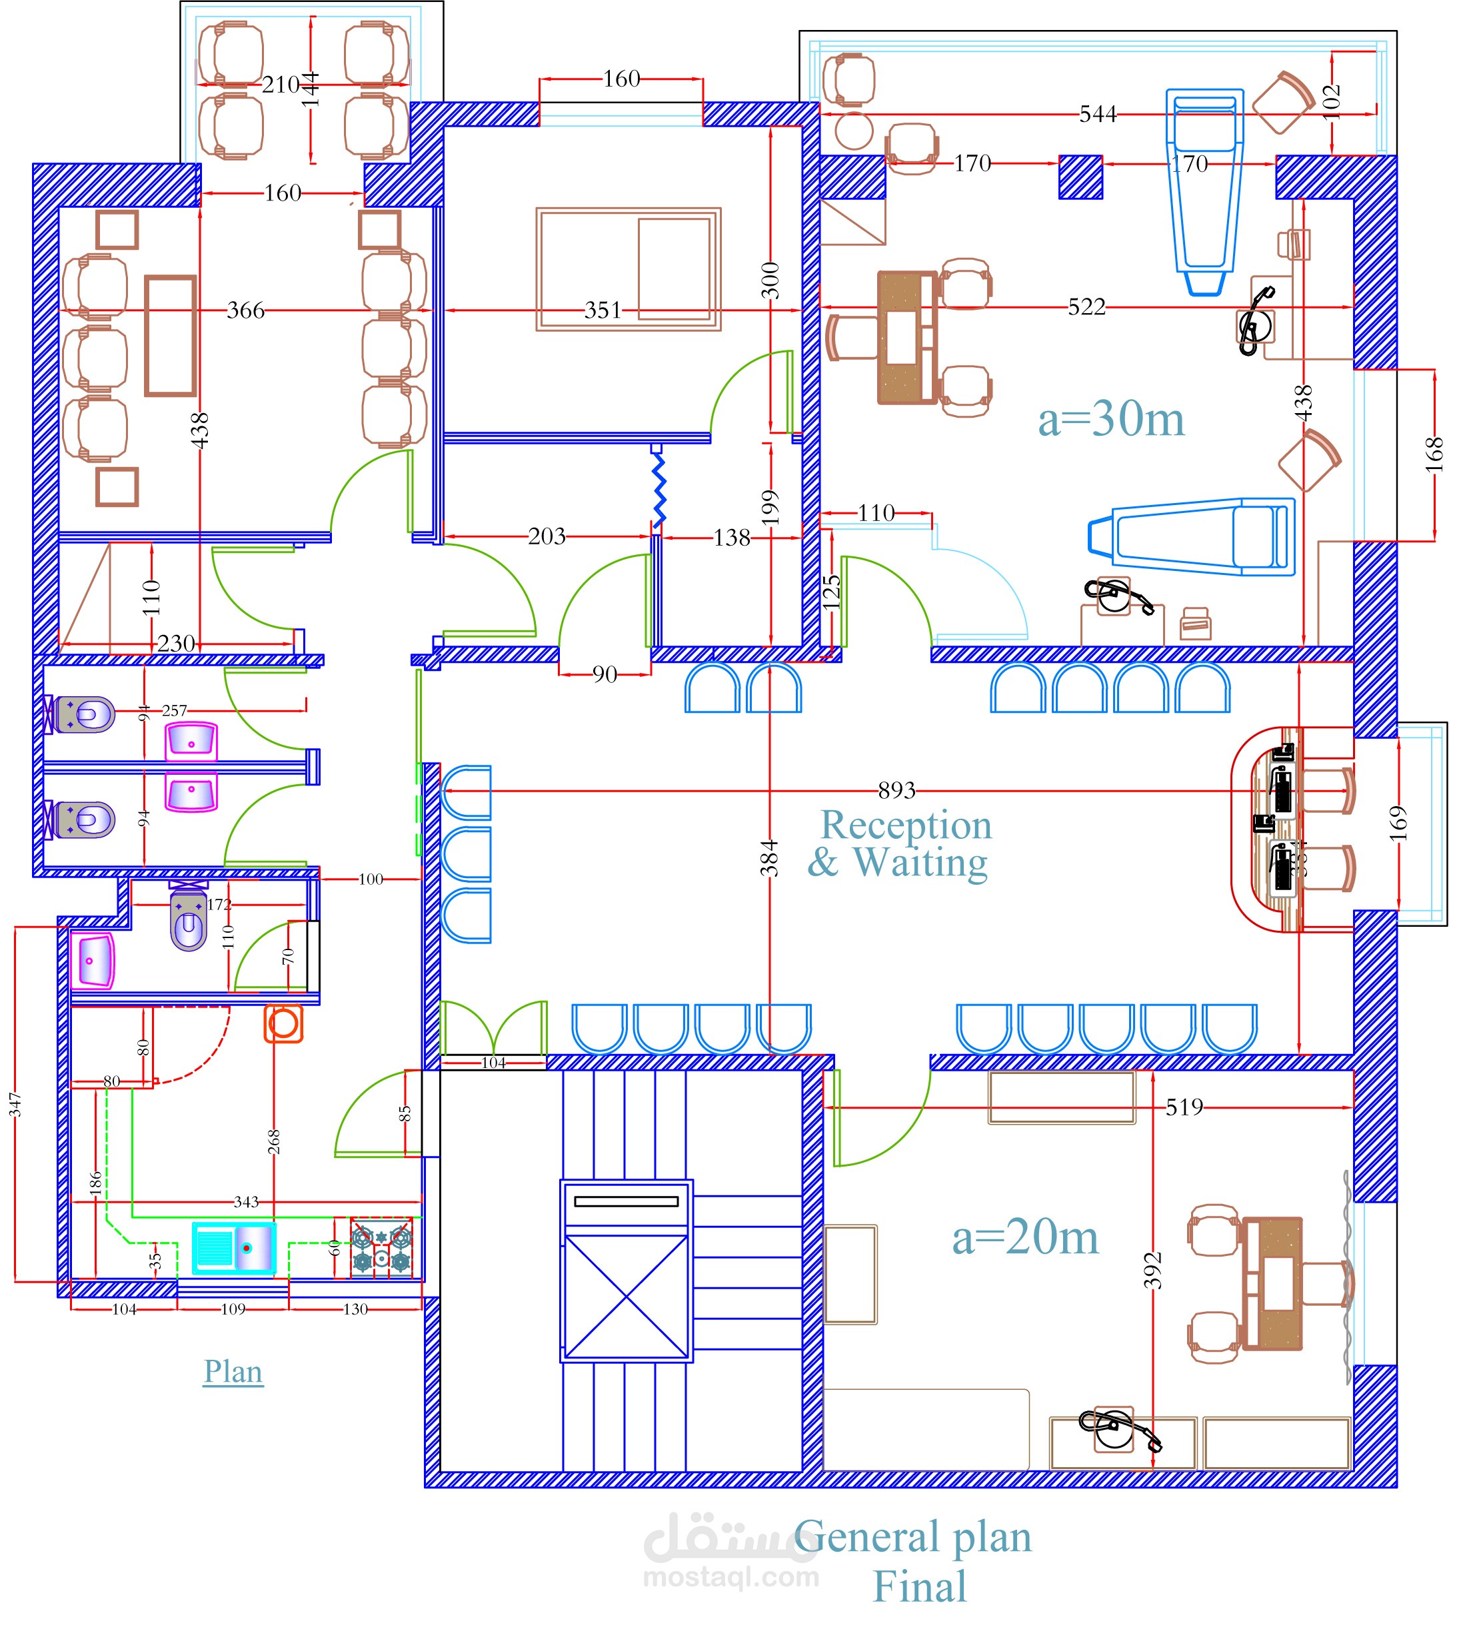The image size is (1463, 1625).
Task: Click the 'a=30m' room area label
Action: [1111, 420]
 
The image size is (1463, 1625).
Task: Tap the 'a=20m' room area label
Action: [1025, 1239]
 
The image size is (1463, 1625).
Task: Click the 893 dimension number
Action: [896, 791]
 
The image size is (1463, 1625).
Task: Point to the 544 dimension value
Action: [1097, 114]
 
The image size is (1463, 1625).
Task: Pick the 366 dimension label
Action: [245, 310]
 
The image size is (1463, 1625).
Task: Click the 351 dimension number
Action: [603, 310]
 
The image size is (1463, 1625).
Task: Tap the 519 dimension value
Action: [1184, 1107]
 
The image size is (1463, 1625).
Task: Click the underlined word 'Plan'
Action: [233, 1371]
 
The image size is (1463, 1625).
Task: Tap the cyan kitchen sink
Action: [234, 1248]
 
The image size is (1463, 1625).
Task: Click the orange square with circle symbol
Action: [284, 1024]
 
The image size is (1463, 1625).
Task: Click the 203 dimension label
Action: [547, 536]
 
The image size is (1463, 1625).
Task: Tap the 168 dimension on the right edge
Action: [1434, 455]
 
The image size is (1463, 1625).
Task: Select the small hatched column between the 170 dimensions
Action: [1080, 177]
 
